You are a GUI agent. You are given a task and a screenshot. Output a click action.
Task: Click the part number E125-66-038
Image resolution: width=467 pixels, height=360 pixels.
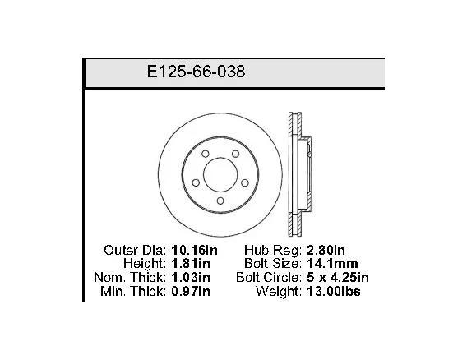coord(196,72)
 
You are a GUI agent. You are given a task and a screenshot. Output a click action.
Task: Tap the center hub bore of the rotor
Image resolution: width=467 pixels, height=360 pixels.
coord(220,175)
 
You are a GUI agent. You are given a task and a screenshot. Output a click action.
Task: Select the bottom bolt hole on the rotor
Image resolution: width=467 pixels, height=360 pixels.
coord(220,201)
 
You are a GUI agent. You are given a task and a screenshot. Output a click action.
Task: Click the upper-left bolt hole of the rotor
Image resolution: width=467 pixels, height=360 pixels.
coord(206,154)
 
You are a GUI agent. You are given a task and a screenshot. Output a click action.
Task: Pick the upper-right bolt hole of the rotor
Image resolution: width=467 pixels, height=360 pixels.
coord(236,154)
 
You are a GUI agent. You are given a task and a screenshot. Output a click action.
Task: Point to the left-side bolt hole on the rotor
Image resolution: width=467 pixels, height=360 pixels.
coord(196,182)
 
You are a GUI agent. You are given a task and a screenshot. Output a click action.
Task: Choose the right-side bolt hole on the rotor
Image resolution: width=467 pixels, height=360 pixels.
coord(245,182)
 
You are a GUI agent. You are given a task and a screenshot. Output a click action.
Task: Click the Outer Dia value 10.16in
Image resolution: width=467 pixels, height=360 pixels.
coord(195,250)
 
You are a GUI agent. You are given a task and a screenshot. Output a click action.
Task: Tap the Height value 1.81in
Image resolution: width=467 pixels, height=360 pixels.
coord(191,264)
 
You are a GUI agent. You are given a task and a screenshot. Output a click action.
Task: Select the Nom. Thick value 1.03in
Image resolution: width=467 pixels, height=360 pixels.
coord(191,278)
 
